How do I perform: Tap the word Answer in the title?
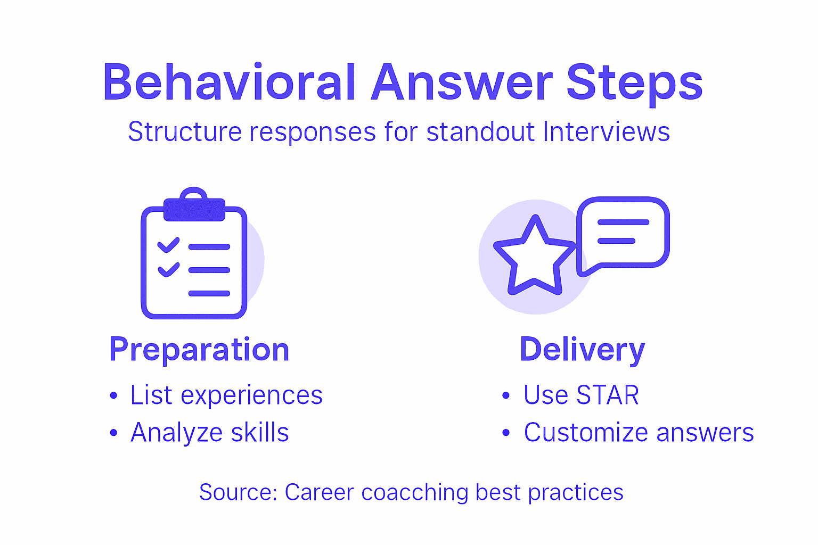click(x=462, y=83)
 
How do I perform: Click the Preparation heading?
click(x=199, y=350)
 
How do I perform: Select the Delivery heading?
click(x=582, y=350)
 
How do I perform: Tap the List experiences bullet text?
click(x=226, y=395)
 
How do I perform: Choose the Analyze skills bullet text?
click(x=209, y=433)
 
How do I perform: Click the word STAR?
click(x=608, y=395)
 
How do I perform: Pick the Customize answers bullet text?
click(x=639, y=433)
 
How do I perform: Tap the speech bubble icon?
click(x=623, y=233)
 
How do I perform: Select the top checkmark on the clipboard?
click(x=168, y=245)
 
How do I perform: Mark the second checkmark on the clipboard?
click(x=168, y=269)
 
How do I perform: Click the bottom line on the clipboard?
click(x=209, y=293)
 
